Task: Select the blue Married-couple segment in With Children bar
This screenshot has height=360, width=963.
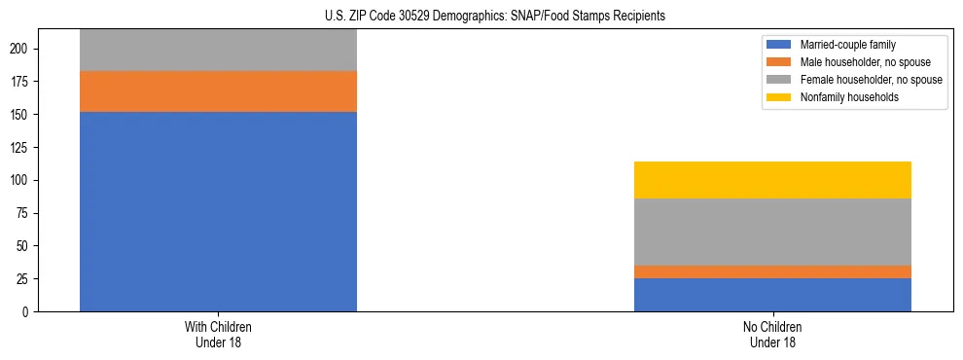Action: pos(218,211)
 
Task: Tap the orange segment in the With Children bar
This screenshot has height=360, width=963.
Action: pos(218,91)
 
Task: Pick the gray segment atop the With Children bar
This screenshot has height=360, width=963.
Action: pos(218,51)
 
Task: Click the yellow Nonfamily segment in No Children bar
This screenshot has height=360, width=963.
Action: pos(772,180)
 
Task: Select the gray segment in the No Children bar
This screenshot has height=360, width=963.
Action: pos(772,232)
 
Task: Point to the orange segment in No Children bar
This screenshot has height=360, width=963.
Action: pos(772,271)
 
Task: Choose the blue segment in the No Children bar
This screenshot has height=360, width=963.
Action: pos(772,295)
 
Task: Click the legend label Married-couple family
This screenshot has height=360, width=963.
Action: pos(847,45)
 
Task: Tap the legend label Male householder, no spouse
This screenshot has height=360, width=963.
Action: pos(859,62)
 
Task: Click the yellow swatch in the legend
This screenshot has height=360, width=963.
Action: pos(779,97)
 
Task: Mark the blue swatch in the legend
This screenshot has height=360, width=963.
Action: pos(779,45)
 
